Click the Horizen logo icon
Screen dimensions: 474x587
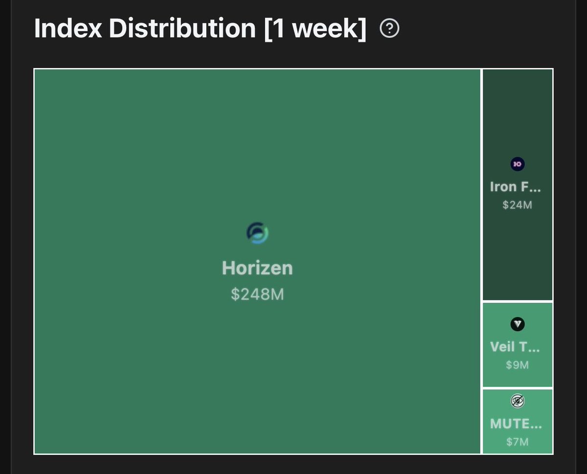coord(257,233)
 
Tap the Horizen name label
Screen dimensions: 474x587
coord(257,268)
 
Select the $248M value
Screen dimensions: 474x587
coord(257,294)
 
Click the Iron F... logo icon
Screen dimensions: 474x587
coord(517,164)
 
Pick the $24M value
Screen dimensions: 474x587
coord(517,205)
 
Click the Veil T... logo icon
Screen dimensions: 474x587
coord(517,324)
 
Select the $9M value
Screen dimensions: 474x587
coord(517,365)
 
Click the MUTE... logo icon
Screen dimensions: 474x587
coord(517,401)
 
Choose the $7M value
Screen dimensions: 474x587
coord(517,442)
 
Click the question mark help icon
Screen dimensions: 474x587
coord(390,30)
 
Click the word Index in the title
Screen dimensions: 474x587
coord(68,29)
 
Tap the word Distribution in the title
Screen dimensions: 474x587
coord(182,29)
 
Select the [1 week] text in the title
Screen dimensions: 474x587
coord(316,29)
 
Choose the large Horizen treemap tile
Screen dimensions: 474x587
coord(147,147)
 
